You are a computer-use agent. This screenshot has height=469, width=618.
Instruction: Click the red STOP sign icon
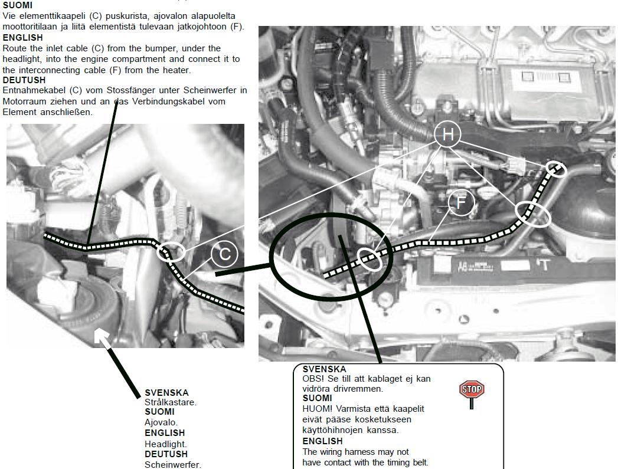click(x=471, y=391)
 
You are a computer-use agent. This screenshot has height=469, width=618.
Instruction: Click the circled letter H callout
click(x=448, y=135)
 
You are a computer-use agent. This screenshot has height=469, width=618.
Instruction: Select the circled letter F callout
click(x=462, y=202)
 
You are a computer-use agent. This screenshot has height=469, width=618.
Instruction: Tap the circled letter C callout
click(x=225, y=254)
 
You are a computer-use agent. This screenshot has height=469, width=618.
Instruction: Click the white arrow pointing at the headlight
click(x=103, y=339)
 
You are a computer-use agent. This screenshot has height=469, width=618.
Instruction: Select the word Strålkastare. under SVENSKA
click(x=170, y=402)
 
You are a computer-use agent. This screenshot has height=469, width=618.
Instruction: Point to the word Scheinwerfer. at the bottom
click(x=173, y=464)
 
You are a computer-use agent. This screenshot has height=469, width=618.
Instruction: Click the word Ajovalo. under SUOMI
click(x=161, y=422)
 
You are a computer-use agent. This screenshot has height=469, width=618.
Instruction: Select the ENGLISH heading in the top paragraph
click(x=22, y=37)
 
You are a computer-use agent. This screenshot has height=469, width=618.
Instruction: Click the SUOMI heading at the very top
click(x=18, y=5)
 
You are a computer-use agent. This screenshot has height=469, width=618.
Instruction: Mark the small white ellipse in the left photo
click(x=171, y=252)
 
